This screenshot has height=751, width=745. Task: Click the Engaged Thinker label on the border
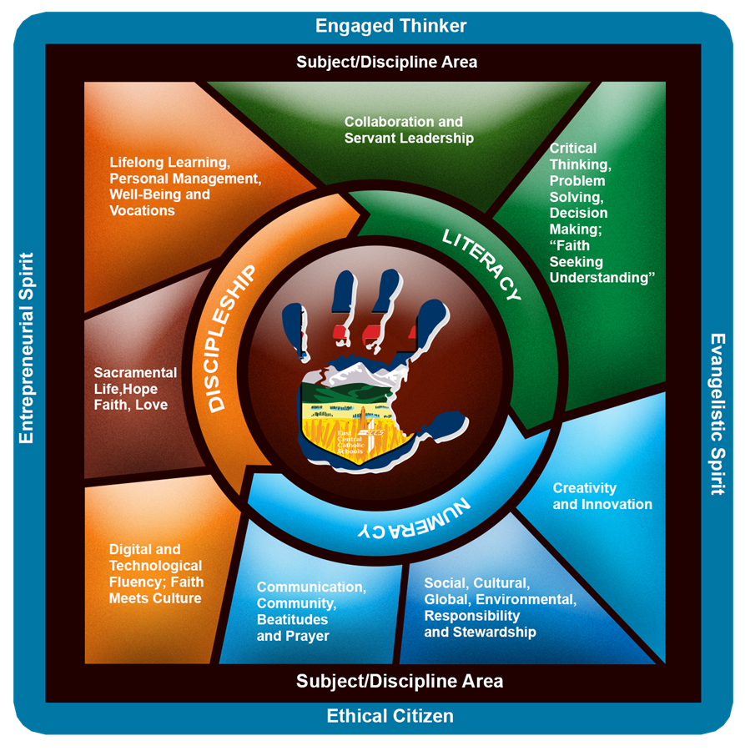(390, 25)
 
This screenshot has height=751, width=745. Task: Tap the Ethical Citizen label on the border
(390, 715)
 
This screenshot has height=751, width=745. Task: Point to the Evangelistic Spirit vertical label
(717, 414)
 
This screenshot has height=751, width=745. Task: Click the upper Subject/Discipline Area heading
(386, 62)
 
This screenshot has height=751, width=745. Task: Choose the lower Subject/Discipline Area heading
(400, 681)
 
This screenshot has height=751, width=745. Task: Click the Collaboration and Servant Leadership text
(408, 129)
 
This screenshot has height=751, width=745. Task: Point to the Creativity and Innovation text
(602, 496)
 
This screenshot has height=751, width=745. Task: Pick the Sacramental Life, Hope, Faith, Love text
(135, 388)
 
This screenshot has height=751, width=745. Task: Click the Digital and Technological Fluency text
(156, 573)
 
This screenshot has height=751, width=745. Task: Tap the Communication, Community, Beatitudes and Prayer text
(310, 611)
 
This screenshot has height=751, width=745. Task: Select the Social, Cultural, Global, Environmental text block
(499, 607)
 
